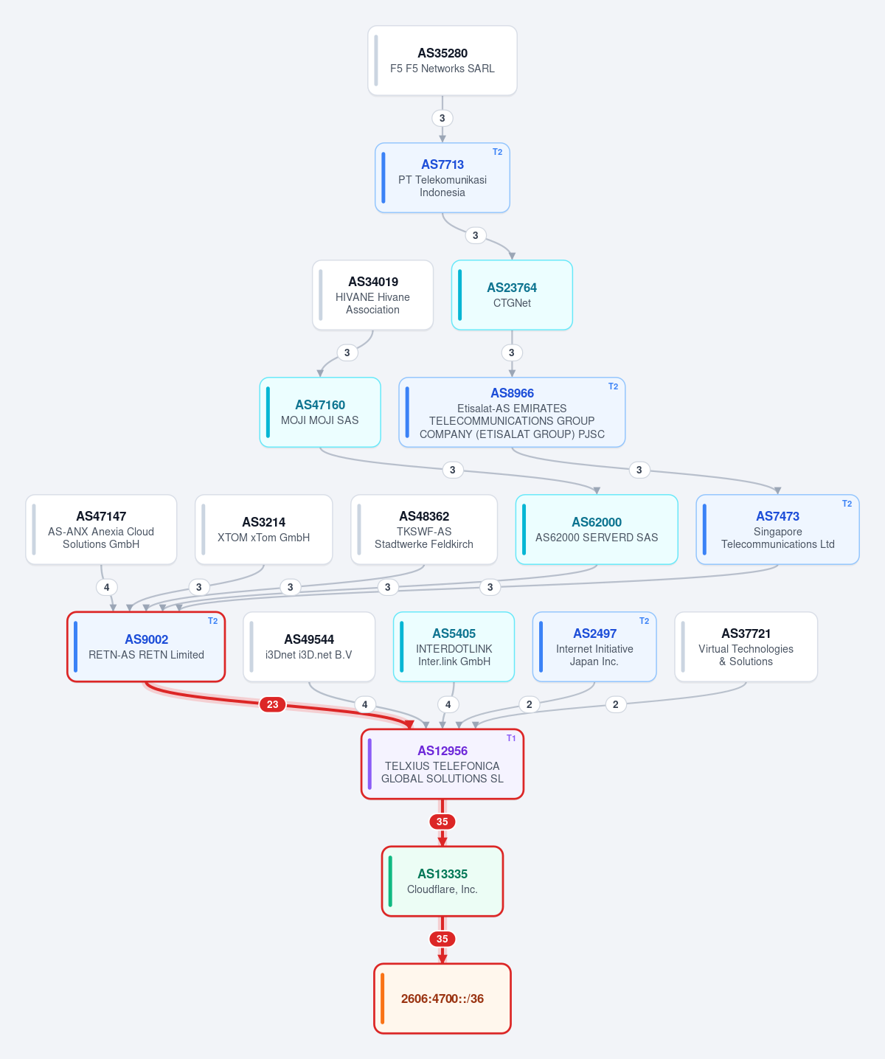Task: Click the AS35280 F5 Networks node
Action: point(442,61)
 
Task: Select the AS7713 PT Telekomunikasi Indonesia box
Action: point(442,178)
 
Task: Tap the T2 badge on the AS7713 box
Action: point(497,152)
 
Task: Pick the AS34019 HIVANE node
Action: point(372,295)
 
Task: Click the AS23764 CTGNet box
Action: point(512,295)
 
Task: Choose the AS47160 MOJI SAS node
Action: point(320,412)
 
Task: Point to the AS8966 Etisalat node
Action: point(512,412)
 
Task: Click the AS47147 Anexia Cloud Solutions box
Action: point(101,529)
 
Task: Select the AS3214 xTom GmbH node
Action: point(264,529)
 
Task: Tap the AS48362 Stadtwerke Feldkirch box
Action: point(424,529)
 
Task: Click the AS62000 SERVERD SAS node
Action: point(597,529)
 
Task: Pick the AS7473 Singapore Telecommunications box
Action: point(777,529)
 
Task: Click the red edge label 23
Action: point(272,704)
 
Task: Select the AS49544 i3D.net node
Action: point(309,647)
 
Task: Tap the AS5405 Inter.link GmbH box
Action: point(454,647)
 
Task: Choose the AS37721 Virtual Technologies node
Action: point(746,647)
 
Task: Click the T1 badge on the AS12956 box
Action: point(511,738)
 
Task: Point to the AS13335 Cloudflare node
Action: point(442,881)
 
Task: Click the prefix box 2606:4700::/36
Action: point(442,999)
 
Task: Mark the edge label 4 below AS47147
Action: point(106,587)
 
